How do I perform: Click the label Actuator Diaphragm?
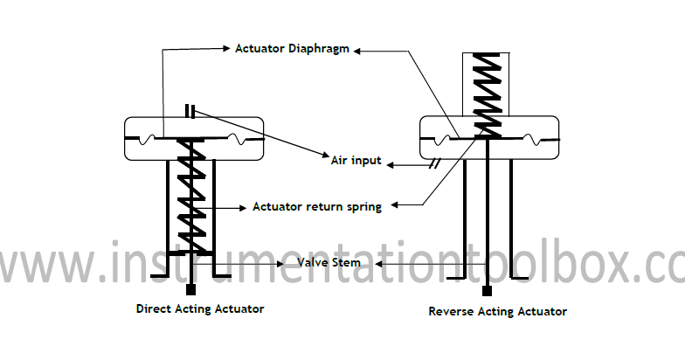tap(292, 49)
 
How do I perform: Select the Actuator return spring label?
tap(316, 207)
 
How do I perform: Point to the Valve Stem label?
tap(329, 262)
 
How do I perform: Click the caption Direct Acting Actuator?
tap(200, 308)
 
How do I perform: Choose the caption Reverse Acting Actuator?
tap(497, 311)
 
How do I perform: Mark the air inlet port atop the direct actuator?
tap(190, 111)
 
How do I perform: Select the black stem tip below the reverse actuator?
tap(487, 290)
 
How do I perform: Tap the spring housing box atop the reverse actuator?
tap(486, 83)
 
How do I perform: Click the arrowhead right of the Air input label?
tap(392, 163)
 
